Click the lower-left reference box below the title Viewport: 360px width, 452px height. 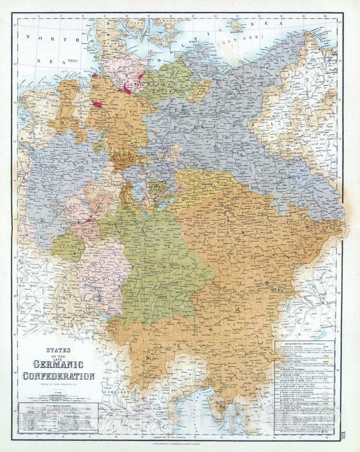pyautogui.click(x=59, y=417)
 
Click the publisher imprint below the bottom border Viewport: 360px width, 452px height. pyautogui.click(x=180, y=442)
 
